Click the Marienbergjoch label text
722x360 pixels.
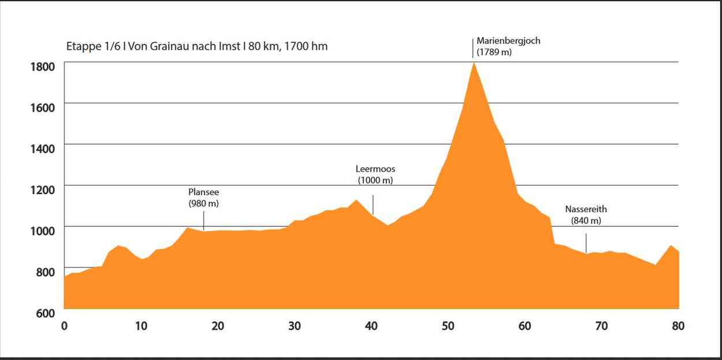click(508, 41)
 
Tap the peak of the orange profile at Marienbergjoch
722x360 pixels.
click(474, 62)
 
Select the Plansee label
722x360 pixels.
click(204, 192)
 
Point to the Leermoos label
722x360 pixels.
click(375, 169)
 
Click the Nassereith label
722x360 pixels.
click(586, 209)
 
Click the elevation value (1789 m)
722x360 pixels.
click(494, 52)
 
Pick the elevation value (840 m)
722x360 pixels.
click(586, 220)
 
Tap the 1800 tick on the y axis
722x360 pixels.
click(43, 66)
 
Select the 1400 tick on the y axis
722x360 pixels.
click(43, 149)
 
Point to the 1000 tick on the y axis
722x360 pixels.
click(43, 231)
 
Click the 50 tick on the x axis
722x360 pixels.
click(448, 326)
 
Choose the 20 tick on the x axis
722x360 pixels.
click(218, 326)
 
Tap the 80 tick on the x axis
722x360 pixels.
click(678, 326)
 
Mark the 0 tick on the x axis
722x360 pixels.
click(64, 326)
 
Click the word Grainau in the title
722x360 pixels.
click(168, 46)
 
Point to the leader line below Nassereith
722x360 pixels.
click(586, 243)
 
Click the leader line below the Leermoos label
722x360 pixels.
click(373, 205)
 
